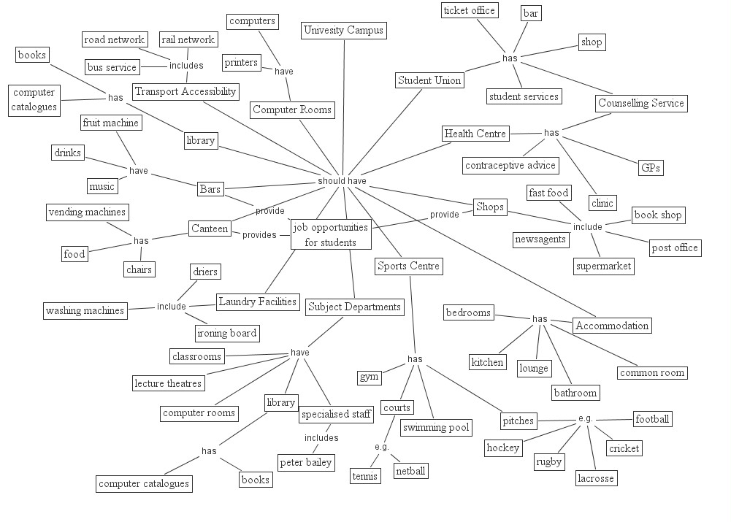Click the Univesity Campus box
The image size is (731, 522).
(x=343, y=31)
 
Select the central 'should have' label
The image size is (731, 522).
(x=342, y=181)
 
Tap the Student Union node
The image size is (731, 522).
(x=429, y=80)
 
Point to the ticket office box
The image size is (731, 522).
(x=470, y=10)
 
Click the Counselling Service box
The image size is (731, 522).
(x=641, y=103)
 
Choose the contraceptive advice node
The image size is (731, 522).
(x=510, y=165)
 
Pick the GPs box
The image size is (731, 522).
(x=651, y=168)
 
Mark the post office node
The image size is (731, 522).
(x=675, y=247)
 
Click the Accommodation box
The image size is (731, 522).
(x=611, y=326)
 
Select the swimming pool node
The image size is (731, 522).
(x=437, y=428)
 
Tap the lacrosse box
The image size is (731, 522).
(x=596, y=478)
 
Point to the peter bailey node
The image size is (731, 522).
(x=306, y=462)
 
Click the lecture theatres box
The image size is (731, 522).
(x=168, y=383)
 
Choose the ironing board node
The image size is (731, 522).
(x=227, y=333)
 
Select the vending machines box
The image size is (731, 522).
(x=87, y=212)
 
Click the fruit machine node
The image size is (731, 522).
(x=110, y=123)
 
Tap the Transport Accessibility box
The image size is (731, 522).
(x=185, y=91)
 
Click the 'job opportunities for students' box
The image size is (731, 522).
(x=330, y=235)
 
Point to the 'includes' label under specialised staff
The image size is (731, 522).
(x=321, y=438)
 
